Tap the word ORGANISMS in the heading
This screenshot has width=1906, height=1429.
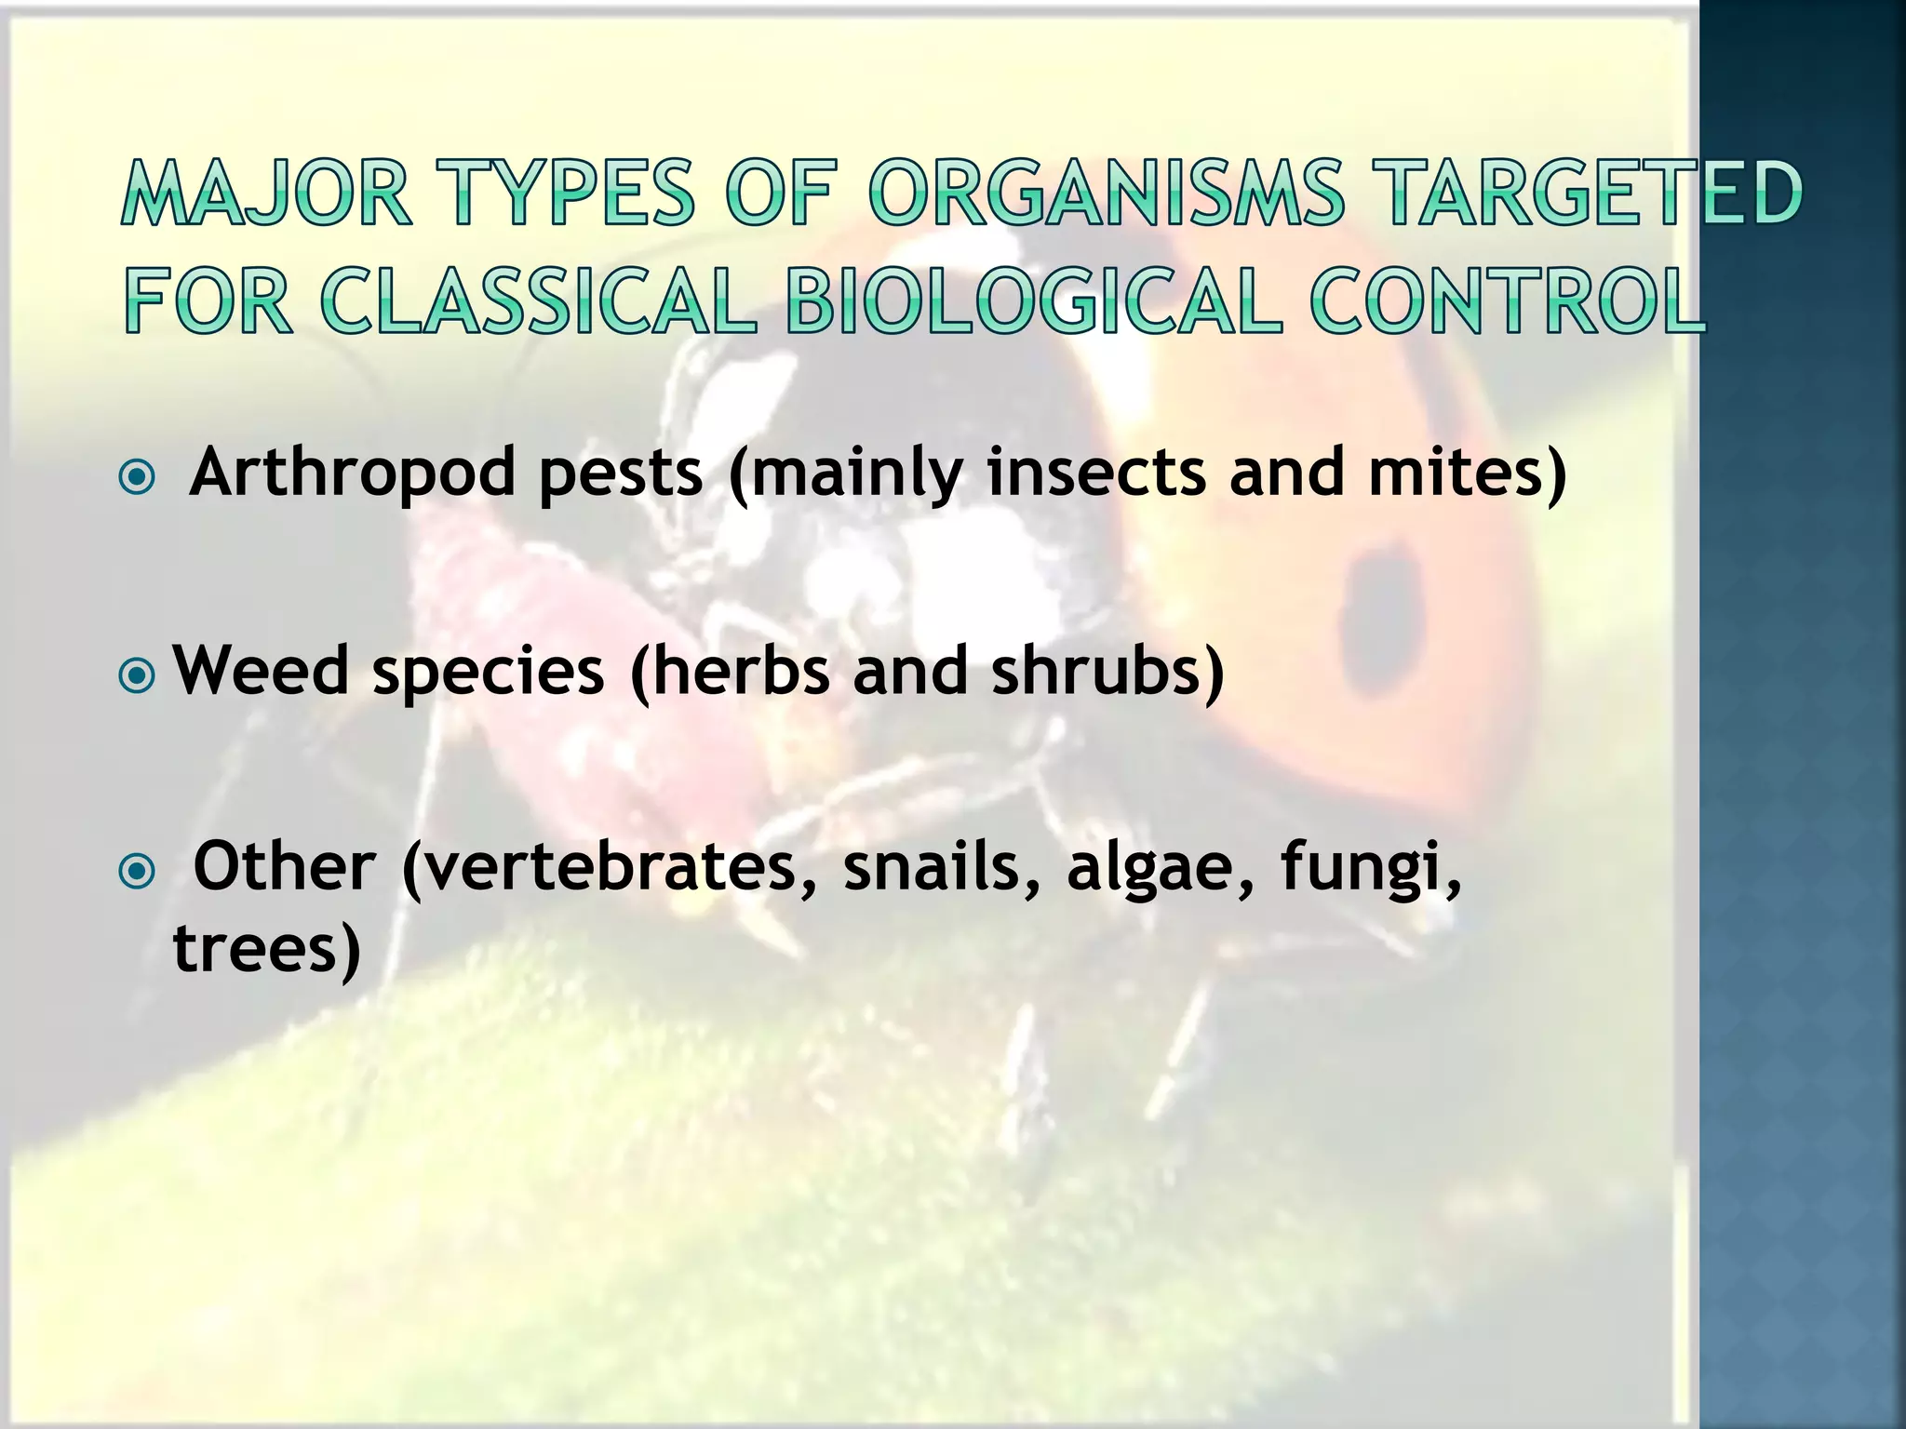pyautogui.click(x=1106, y=194)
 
